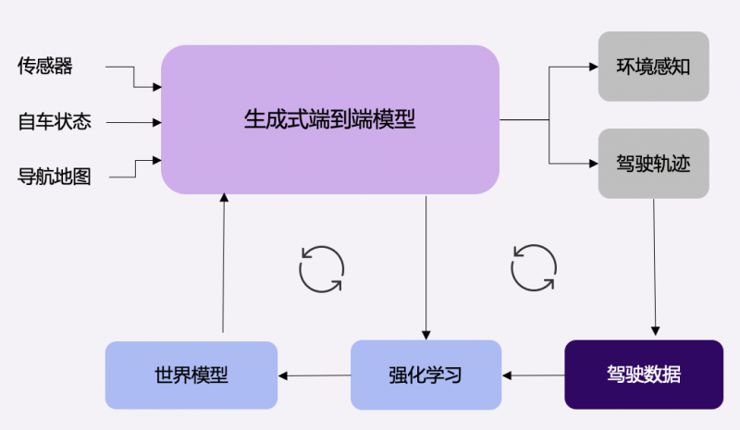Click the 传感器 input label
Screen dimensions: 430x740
tap(44, 66)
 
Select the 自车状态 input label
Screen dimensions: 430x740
tap(55, 121)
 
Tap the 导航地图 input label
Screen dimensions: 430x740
tap(55, 176)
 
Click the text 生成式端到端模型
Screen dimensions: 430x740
tap(330, 119)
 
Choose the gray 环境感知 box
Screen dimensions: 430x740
tap(653, 67)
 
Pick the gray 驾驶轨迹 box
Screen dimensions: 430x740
tap(653, 165)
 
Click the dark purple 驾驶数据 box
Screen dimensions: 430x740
tap(643, 375)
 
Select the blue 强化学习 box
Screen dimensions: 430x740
tap(425, 375)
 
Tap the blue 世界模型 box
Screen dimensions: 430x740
tap(191, 375)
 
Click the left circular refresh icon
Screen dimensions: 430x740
tap(321, 268)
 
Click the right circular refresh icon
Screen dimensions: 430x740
tap(534, 267)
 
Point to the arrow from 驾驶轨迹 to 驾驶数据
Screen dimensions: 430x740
tap(655, 268)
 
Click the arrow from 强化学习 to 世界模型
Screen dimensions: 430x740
tap(314, 375)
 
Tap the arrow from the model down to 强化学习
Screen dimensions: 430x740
tap(426, 268)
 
